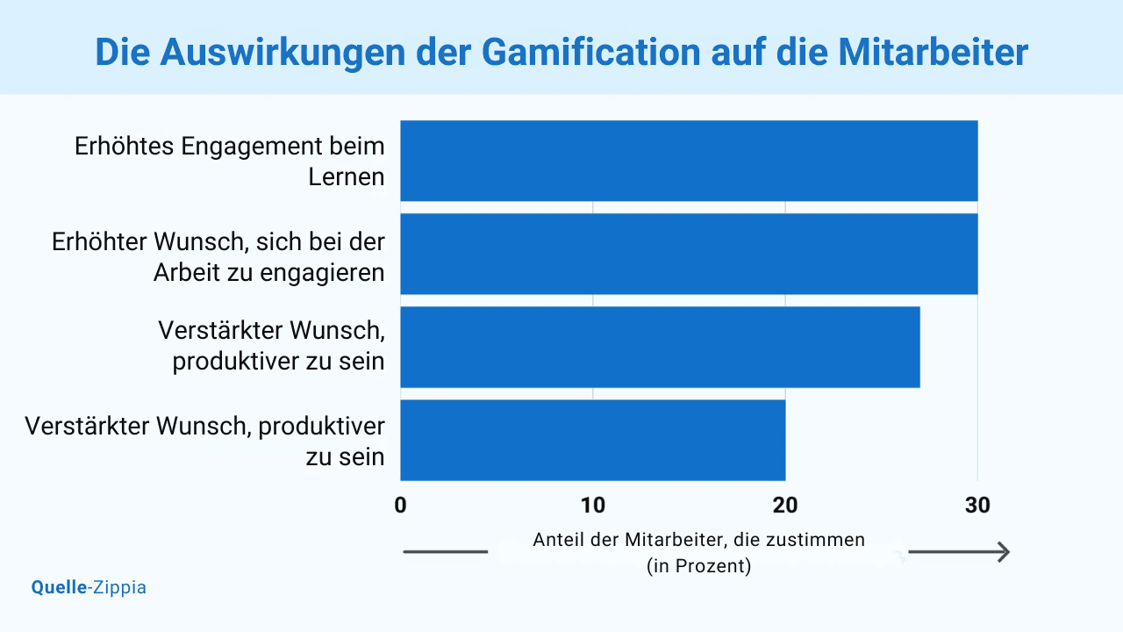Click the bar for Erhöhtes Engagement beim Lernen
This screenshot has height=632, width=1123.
pyautogui.click(x=689, y=161)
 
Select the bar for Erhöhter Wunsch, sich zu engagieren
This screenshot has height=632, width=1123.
pyautogui.click(x=689, y=254)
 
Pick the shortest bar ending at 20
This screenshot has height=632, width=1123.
pyautogui.click(x=592, y=440)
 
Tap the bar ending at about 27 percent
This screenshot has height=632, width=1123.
pyautogui.click(x=660, y=347)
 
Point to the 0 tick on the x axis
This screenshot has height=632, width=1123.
pyautogui.click(x=400, y=505)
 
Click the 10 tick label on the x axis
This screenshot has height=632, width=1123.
pyautogui.click(x=593, y=505)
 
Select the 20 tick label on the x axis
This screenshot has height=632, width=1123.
pyautogui.click(x=785, y=505)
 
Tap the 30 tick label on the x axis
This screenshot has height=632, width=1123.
pyautogui.click(x=977, y=505)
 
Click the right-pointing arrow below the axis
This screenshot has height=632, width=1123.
pyautogui.click(x=959, y=552)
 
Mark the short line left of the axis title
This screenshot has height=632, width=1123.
pyautogui.click(x=445, y=552)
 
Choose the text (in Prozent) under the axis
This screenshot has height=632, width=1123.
pyautogui.click(x=698, y=566)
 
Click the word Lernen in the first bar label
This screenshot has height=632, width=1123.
pyautogui.click(x=347, y=176)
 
